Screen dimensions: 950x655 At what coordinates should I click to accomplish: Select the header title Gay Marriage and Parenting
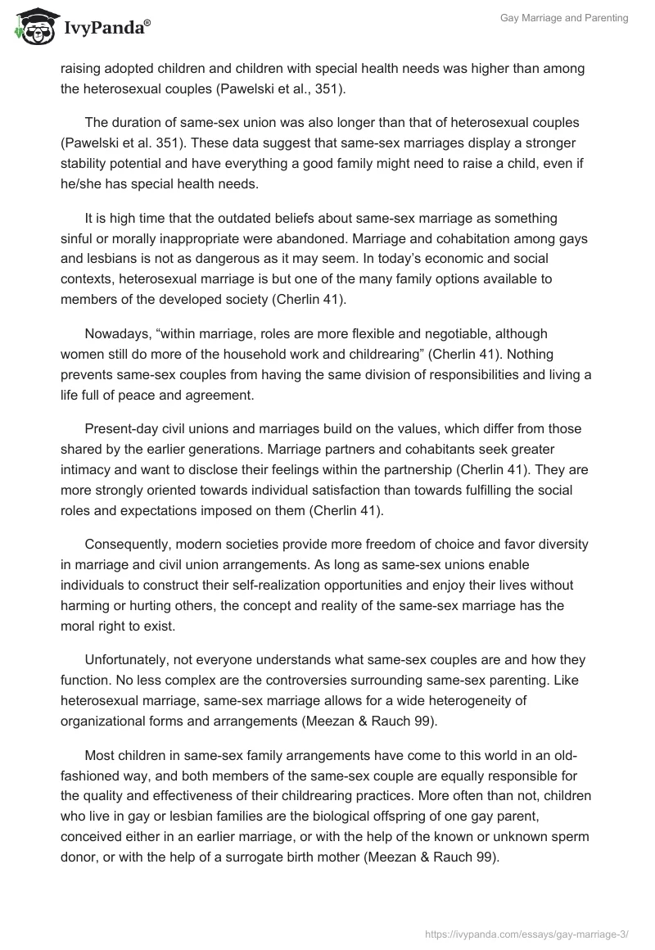564,18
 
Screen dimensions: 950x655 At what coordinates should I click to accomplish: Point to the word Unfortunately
129,660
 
